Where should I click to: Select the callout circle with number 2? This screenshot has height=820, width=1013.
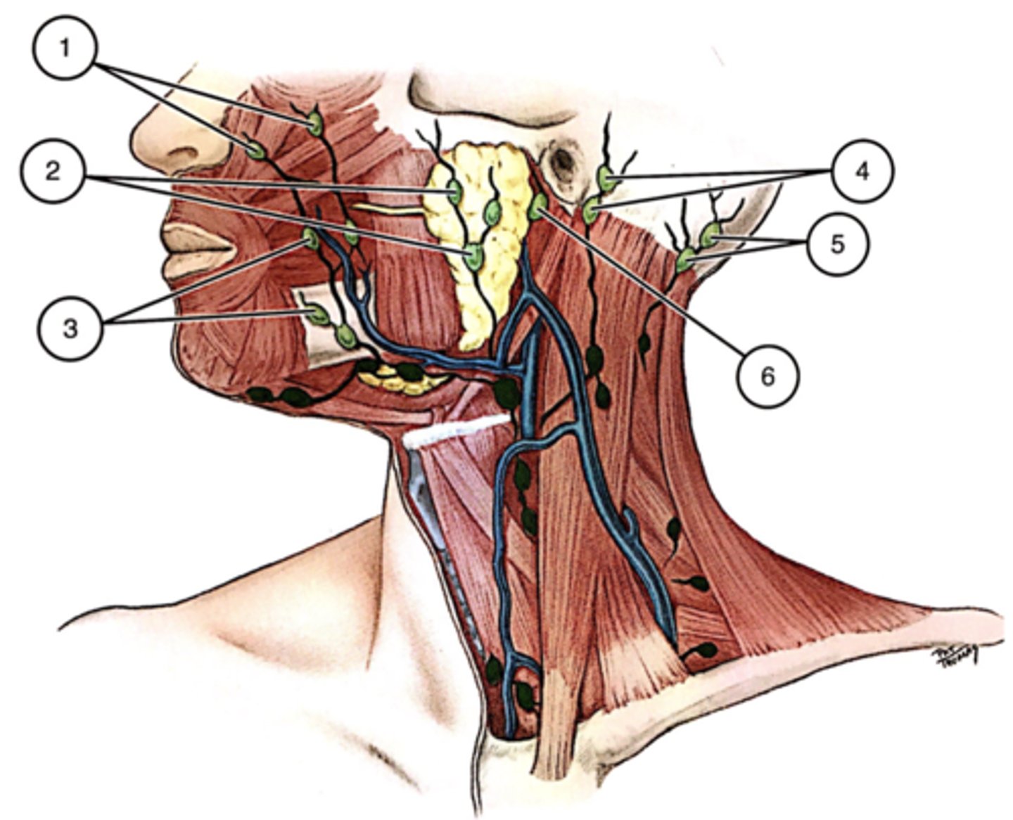(x=53, y=171)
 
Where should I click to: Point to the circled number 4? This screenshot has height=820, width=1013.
(x=862, y=170)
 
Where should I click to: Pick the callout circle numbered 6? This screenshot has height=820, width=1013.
(x=767, y=376)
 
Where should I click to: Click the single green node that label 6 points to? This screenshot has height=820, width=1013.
(x=538, y=206)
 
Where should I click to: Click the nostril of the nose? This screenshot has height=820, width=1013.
(x=181, y=153)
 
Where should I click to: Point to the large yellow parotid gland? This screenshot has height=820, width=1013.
(x=485, y=232)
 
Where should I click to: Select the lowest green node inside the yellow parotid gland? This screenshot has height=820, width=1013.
(x=475, y=257)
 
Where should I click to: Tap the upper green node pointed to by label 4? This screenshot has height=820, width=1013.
(x=606, y=179)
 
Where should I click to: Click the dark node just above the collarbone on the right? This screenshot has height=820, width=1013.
(x=706, y=650)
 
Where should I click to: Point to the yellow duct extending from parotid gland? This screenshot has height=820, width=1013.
(x=387, y=208)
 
